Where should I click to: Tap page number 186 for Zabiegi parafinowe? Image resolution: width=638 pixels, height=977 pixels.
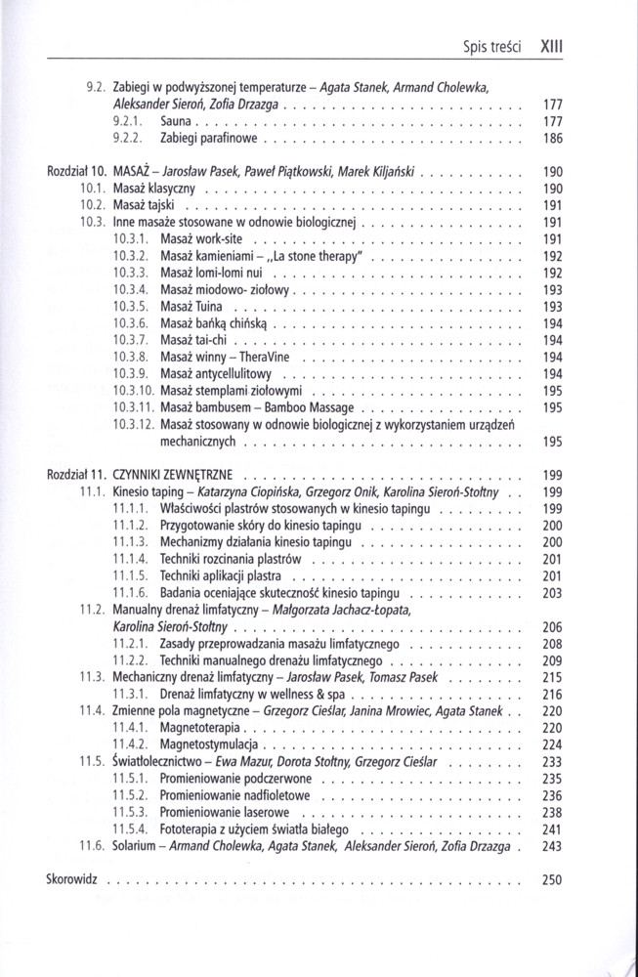[x=552, y=140]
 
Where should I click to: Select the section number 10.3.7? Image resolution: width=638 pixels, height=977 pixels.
[x=130, y=339]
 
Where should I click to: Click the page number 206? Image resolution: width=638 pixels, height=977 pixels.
[x=552, y=626]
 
